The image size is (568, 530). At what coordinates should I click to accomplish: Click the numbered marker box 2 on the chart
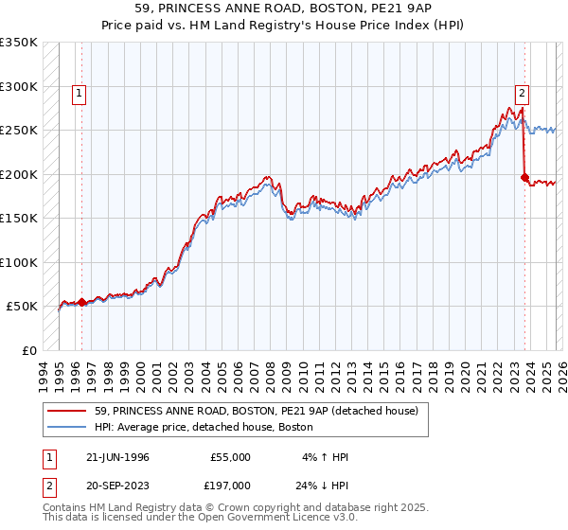point(521,93)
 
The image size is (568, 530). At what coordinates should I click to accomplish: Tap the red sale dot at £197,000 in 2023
point(524,177)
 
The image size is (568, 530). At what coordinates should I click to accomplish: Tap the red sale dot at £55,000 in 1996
point(81,303)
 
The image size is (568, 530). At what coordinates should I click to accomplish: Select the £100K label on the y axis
point(19,262)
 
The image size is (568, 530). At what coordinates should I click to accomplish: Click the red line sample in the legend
point(67,411)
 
